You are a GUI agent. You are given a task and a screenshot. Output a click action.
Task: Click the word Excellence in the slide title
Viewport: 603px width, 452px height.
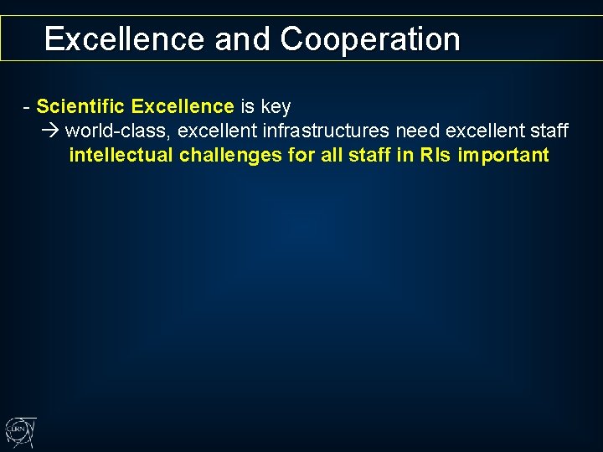coord(124,39)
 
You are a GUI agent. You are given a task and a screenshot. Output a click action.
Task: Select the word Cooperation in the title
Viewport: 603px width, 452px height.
coord(370,39)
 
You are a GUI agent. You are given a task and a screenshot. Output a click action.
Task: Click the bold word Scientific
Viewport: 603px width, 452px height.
coord(81,106)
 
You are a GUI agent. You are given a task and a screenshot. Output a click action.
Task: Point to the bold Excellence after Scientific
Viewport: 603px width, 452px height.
coord(183,106)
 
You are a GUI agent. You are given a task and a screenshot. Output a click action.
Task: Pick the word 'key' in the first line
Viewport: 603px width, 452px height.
coord(276,106)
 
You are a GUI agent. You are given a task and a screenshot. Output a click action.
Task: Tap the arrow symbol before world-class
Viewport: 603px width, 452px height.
coord(51,131)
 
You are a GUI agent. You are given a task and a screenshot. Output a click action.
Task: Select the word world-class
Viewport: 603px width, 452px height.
coord(117,131)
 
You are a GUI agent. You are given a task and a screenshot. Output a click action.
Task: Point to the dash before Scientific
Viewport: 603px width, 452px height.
coord(28,106)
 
